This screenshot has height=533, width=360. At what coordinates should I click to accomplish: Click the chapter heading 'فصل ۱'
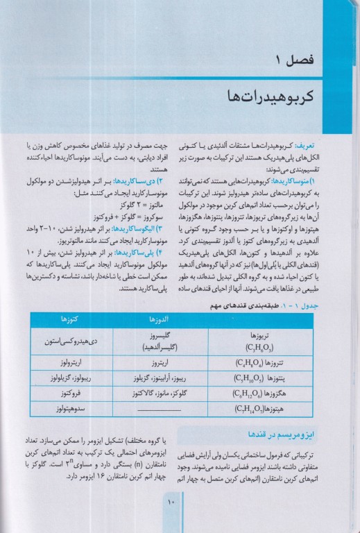coord(299,56)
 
